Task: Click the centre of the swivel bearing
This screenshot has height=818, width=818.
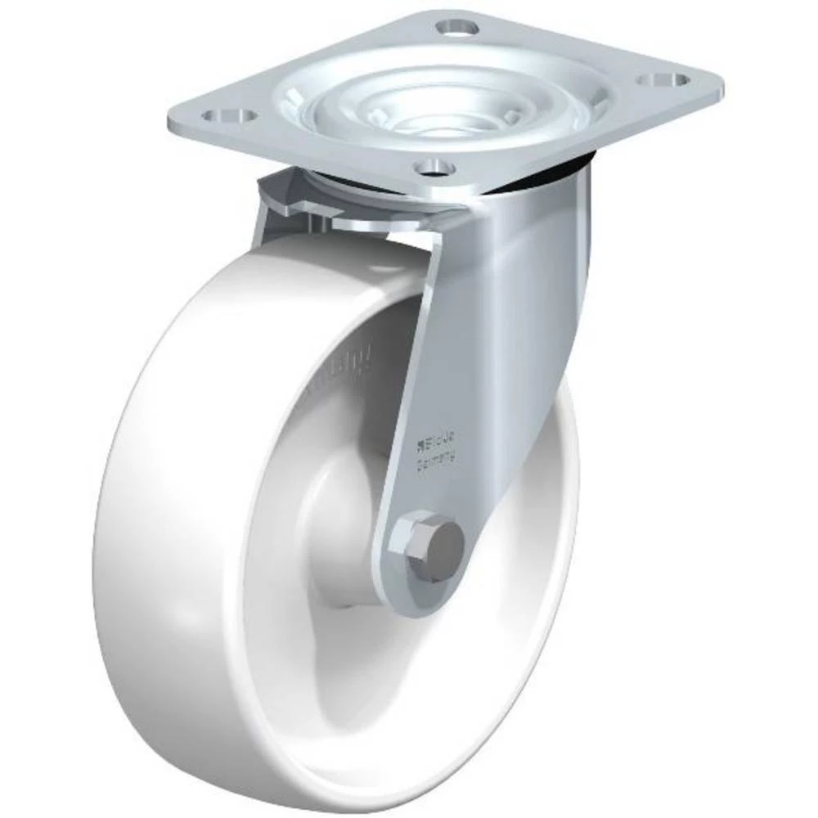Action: [446, 106]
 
